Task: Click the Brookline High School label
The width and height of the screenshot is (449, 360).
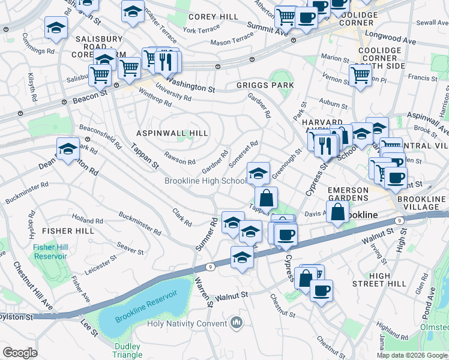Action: pyautogui.click(x=205, y=181)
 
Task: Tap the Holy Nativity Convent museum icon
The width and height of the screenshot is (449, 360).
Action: pyautogui.click(x=237, y=323)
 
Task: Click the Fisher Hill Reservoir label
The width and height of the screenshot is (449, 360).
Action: pyautogui.click(x=50, y=251)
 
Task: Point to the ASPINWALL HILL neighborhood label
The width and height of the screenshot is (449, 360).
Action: pyautogui.click(x=172, y=133)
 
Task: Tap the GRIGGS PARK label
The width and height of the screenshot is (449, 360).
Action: pyautogui.click(x=265, y=85)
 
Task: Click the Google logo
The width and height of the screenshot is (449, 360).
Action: pyautogui.click(x=20, y=352)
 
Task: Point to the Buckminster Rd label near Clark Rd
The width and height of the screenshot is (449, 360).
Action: pyautogui.click(x=139, y=223)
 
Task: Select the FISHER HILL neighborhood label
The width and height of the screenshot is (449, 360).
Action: pyautogui.click(x=68, y=231)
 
